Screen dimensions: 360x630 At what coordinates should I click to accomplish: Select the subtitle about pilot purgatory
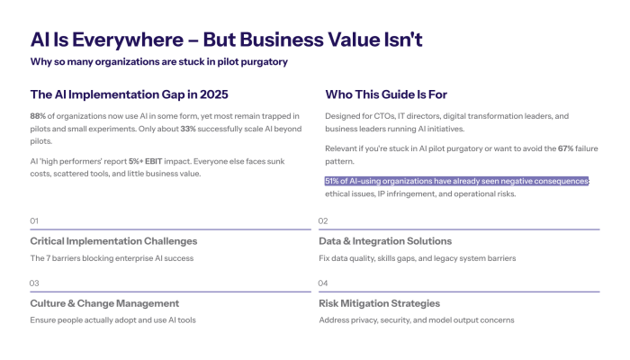(x=158, y=61)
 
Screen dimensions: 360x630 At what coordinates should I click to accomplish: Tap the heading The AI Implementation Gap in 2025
(x=129, y=94)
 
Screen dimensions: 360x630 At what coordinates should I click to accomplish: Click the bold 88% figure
(x=38, y=115)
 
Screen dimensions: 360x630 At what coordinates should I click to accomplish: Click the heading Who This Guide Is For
(x=386, y=94)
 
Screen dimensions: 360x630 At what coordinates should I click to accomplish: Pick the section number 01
(x=35, y=220)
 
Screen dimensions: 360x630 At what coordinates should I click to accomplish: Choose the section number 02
(x=324, y=220)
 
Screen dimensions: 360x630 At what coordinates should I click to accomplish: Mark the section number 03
(x=35, y=283)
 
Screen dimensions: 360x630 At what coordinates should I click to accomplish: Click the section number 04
(x=324, y=283)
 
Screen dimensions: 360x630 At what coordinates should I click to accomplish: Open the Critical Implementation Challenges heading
(x=113, y=241)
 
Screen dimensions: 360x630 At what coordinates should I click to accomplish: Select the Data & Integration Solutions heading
(x=385, y=241)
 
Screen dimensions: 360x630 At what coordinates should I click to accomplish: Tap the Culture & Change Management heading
(x=104, y=303)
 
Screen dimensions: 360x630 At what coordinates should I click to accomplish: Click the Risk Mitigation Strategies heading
(x=379, y=303)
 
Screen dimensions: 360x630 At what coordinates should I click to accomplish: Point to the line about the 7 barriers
(x=112, y=258)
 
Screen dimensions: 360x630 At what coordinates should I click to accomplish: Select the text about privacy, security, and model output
(x=416, y=319)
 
